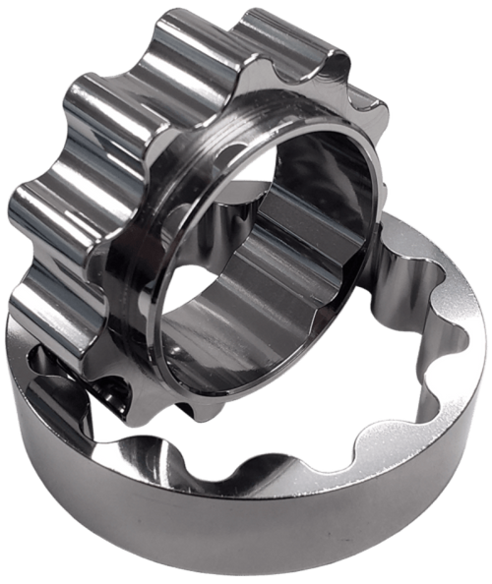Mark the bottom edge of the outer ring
pyautogui.click(x=246, y=575)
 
